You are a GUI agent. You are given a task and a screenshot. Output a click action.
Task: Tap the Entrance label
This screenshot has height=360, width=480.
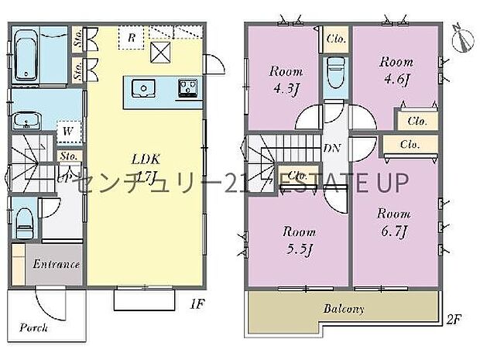56,264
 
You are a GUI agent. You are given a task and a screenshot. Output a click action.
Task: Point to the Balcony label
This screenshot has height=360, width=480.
344,309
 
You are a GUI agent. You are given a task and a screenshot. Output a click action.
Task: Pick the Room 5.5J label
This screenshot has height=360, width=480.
298,239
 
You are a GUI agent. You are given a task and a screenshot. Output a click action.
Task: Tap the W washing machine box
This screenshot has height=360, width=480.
69,132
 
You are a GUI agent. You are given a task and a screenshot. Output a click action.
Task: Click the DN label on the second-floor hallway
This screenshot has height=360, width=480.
327,148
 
